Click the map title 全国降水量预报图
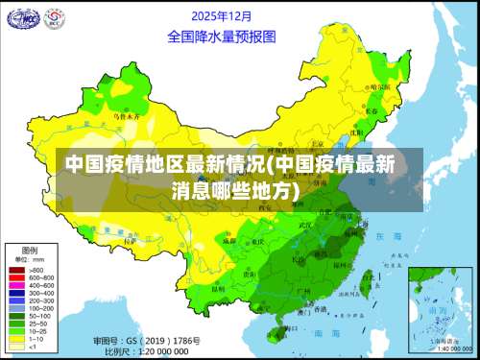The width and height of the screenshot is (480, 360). (x=222, y=36)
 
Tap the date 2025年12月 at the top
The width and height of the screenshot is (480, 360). (x=222, y=16)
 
